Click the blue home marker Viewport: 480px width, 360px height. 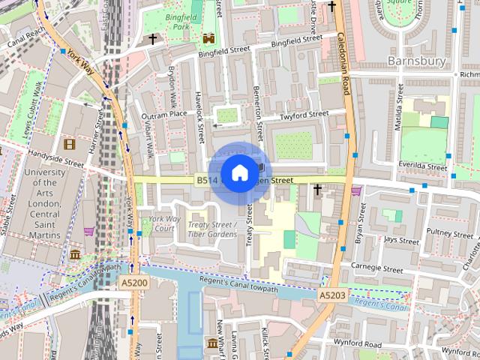238,173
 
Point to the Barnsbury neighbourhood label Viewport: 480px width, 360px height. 416,60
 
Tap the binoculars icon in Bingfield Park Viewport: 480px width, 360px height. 208,37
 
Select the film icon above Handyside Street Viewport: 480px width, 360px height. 70,144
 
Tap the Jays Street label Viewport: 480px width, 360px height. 400,241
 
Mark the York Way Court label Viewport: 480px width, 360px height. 160,223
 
